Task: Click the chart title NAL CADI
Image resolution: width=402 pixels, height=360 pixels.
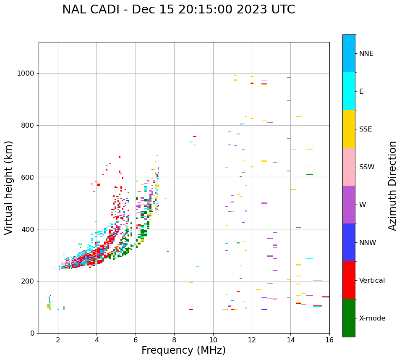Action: point(178,10)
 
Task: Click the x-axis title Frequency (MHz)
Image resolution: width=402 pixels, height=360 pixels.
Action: point(183,350)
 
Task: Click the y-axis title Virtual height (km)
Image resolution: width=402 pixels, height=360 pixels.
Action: point(9,187)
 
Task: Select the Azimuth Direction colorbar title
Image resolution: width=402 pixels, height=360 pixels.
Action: point(392,185)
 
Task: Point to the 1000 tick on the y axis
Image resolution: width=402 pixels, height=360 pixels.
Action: point(28,74)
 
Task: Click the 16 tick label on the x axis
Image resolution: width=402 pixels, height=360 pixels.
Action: point(329,340)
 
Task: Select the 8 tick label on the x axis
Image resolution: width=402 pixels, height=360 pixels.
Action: point(174,340)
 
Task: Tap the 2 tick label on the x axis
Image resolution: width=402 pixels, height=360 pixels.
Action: point(58,340)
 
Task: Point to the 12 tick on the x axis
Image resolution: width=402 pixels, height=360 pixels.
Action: point(252,340)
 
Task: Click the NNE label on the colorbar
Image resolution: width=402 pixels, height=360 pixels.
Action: point(366,54)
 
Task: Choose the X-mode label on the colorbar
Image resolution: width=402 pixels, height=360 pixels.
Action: point(372,318)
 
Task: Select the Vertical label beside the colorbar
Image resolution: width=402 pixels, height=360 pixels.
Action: point(372,281)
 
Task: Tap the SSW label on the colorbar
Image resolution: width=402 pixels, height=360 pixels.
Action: point(367,167)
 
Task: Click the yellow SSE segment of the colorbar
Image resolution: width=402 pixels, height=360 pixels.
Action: point(349,129)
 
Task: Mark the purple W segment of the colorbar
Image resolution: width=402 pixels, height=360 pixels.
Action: point(349,205)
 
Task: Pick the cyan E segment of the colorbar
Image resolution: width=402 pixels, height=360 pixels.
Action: point(349,91)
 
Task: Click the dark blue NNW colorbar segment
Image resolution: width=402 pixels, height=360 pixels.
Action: point(349,242)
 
